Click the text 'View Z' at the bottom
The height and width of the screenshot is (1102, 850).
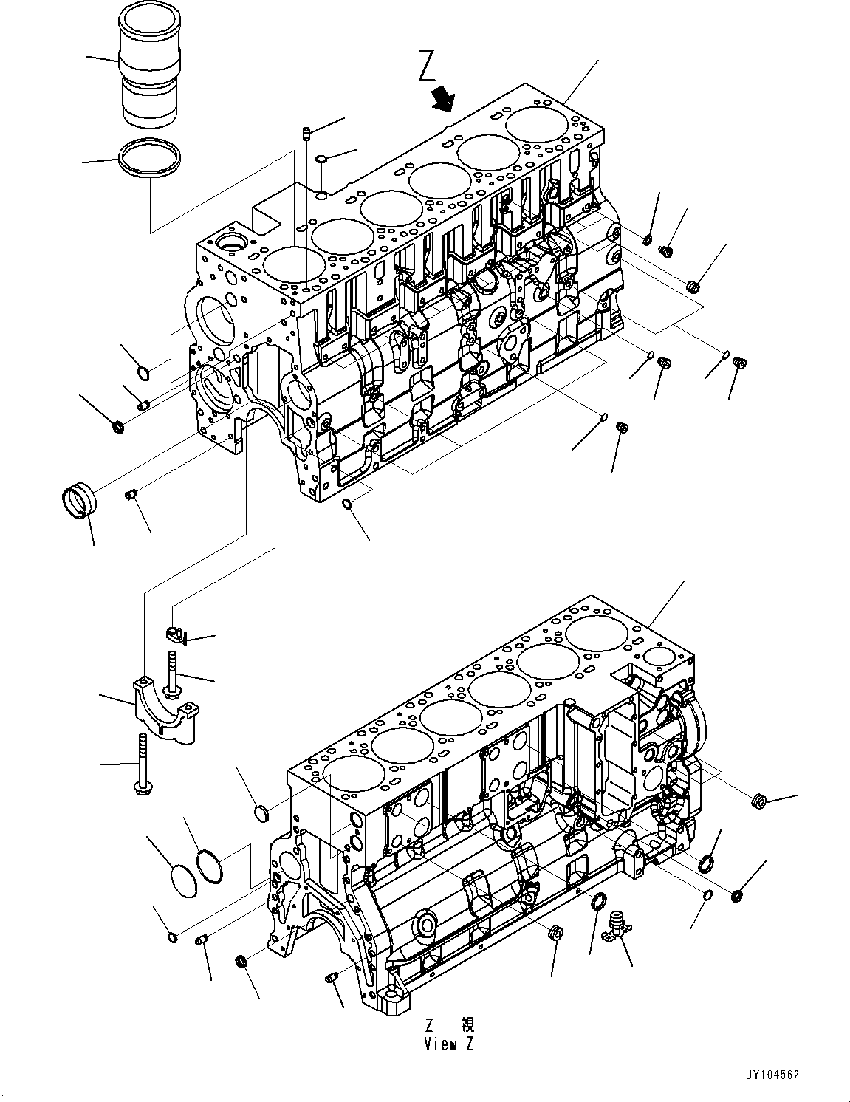coord(449,1044)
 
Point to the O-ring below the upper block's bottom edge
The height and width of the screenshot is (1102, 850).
coord(346,504)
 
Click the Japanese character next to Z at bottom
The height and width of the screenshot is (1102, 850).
coord(467,1024)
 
